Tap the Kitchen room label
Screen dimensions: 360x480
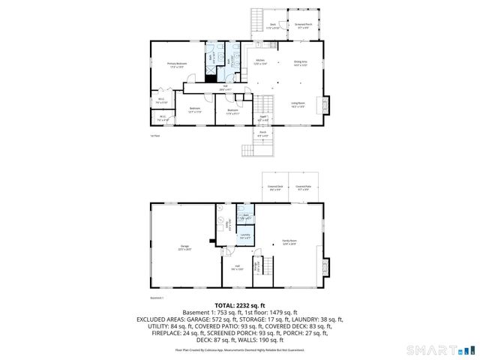[x=260, y=61]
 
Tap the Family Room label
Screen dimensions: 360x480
[x=288, y=242]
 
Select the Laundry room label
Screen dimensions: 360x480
[x=244, y=236]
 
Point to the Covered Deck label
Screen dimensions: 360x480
[x=276, y=187]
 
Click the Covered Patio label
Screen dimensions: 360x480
[x=303, y=187]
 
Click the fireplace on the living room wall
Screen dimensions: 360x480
[x=324, y=104]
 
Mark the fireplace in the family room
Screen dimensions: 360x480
[x=324, y=266]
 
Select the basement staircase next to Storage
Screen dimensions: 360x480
[x=266, y=266]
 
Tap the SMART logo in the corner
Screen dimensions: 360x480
[x=439, y=350]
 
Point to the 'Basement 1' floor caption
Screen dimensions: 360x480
[x=157, y=297]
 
